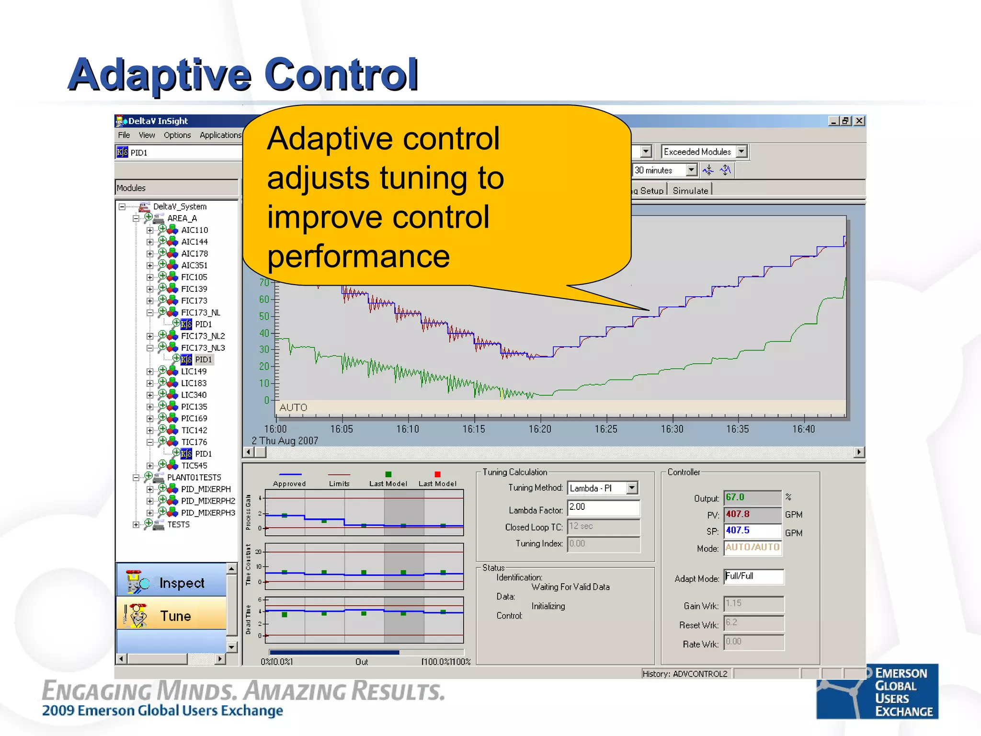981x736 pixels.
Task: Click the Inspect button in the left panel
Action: tap(171, 582)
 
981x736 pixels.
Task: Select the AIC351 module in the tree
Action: tap(194, 265)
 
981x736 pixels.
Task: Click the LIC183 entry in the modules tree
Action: tap(194, 383)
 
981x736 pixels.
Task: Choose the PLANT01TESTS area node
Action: tap(194, 477)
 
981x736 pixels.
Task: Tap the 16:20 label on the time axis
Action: tap(540, 429)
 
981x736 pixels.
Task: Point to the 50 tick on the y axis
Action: tap(264, 316)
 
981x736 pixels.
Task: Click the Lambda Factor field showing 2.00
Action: tap(603, 507)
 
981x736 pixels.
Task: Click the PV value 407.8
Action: tap(752, 514)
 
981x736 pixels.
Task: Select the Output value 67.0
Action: tap(752, 497)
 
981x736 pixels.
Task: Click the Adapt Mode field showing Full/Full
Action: tap(753, 576)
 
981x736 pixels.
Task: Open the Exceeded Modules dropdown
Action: tap(741, 152)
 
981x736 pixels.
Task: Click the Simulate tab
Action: tap(690, 191)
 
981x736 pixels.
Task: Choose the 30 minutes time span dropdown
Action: tap(664, 170)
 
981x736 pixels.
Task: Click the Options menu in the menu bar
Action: tap(177, 135)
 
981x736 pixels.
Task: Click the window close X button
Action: tap(859, 121)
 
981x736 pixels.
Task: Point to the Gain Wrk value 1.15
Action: tap(753, 603)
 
